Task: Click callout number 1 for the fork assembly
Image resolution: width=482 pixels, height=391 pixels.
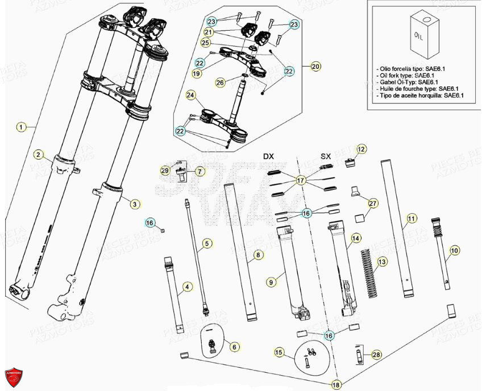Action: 21,127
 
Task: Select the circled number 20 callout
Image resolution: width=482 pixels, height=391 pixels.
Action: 315,66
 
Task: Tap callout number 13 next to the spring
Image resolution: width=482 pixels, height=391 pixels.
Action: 382,261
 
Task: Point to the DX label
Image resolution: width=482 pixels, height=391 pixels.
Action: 268,156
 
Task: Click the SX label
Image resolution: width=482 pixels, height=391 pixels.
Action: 326,156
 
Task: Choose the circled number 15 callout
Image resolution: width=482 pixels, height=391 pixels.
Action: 279,352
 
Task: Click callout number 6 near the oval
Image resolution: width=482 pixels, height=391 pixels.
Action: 234,346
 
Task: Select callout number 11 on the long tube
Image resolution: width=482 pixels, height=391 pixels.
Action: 411,218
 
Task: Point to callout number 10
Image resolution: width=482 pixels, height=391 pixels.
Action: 454,250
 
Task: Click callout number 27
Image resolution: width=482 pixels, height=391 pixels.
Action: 372,203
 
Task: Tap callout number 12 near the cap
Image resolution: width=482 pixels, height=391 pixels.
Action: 361,149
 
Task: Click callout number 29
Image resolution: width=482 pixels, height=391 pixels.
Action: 165,170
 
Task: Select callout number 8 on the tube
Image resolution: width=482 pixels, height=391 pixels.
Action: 258,256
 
